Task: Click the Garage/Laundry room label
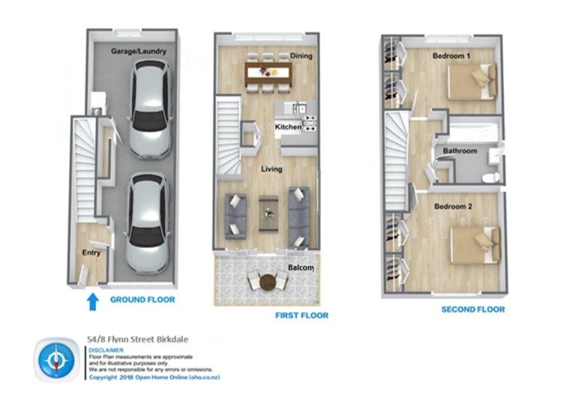(x=139, y=51)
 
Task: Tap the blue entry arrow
(x=93, y=302)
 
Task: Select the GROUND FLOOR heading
(x=142, y=300)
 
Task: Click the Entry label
(x=91, y=253)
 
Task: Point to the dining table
(x=268, y=73)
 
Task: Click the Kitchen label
(x=288, y=127)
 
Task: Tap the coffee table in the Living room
(x=268, y=214)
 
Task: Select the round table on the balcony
(x=268, y=282)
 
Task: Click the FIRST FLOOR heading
(x=301, y=316)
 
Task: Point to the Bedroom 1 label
(x=451, y=55)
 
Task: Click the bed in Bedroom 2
(x=475, y=245)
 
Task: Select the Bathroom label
(x=460, y=151)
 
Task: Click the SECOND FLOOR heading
(x=473, y=310)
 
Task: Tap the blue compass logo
(x=57, y=360)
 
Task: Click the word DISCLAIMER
(x=106, y=350)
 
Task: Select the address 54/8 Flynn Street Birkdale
(x=138, y=340)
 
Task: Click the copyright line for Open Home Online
(x=154, y=377)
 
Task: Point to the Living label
(x=271, y=169)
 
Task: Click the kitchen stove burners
(x=310, y=123)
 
